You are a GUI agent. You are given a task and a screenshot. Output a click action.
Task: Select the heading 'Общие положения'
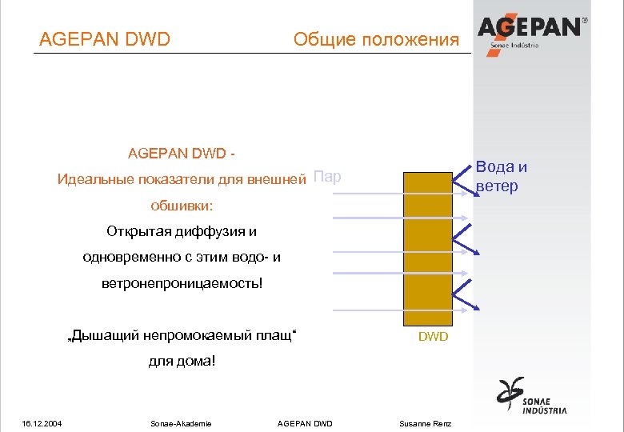tap(376, 39)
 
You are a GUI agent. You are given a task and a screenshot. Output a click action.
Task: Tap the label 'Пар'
tap(327, 176)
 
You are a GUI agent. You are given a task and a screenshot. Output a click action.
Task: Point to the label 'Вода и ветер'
tap(502, 177)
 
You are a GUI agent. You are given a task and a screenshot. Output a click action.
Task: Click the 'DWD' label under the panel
tap(434, 337)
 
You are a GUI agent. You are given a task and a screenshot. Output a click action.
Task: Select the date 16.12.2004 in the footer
tap(43, 423)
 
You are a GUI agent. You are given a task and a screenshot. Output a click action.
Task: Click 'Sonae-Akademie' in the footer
tap(181, 423)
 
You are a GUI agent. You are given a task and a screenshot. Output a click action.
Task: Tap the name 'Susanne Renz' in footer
tap(426, 423)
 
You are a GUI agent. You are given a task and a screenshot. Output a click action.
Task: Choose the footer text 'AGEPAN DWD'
tap(304, 423)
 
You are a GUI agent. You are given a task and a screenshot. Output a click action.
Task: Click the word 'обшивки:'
tap(182, 206)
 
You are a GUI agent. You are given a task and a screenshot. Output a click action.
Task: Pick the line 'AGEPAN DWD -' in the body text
tap(182, 152)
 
